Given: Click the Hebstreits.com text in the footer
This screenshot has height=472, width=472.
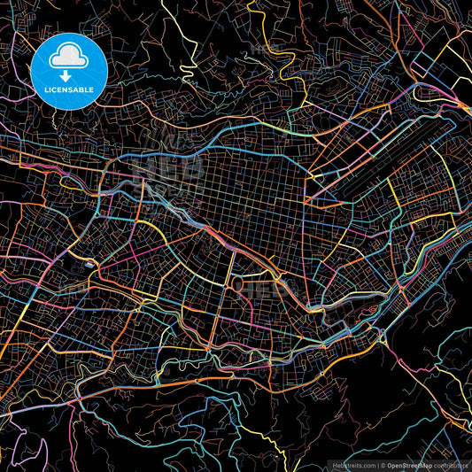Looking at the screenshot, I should tap(352, 465).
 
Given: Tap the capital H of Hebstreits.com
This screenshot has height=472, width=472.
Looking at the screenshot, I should tap(335, 465).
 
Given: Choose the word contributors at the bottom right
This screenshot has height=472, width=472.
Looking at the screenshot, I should tap(451, 465).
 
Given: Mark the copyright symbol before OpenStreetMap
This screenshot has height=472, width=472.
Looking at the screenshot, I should tap(382, 465).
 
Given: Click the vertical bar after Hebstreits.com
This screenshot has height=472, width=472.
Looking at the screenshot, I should tap(375, 465).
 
